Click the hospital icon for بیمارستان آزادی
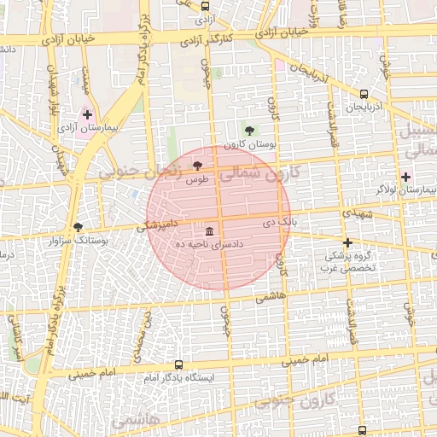(x=87, y=114)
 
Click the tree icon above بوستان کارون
(x=249, y=131)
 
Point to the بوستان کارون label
(x=249, y=144)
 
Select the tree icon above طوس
(x=198, y=165)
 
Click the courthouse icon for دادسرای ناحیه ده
(x=209, y=231)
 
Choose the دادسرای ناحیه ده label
(x=209, y=245)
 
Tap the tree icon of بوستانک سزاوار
(x=79, y=227)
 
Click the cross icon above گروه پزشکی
(x=347, y=242)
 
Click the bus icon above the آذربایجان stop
(x=364, y=95)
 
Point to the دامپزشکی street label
(x=159, y=226)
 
